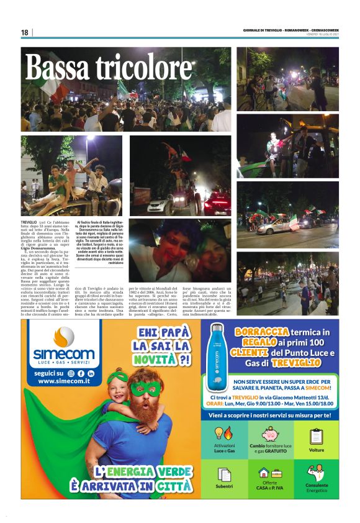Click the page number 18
(x=25, y=32)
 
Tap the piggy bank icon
(x=270, y=433)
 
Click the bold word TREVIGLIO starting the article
(x=29, y=222)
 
